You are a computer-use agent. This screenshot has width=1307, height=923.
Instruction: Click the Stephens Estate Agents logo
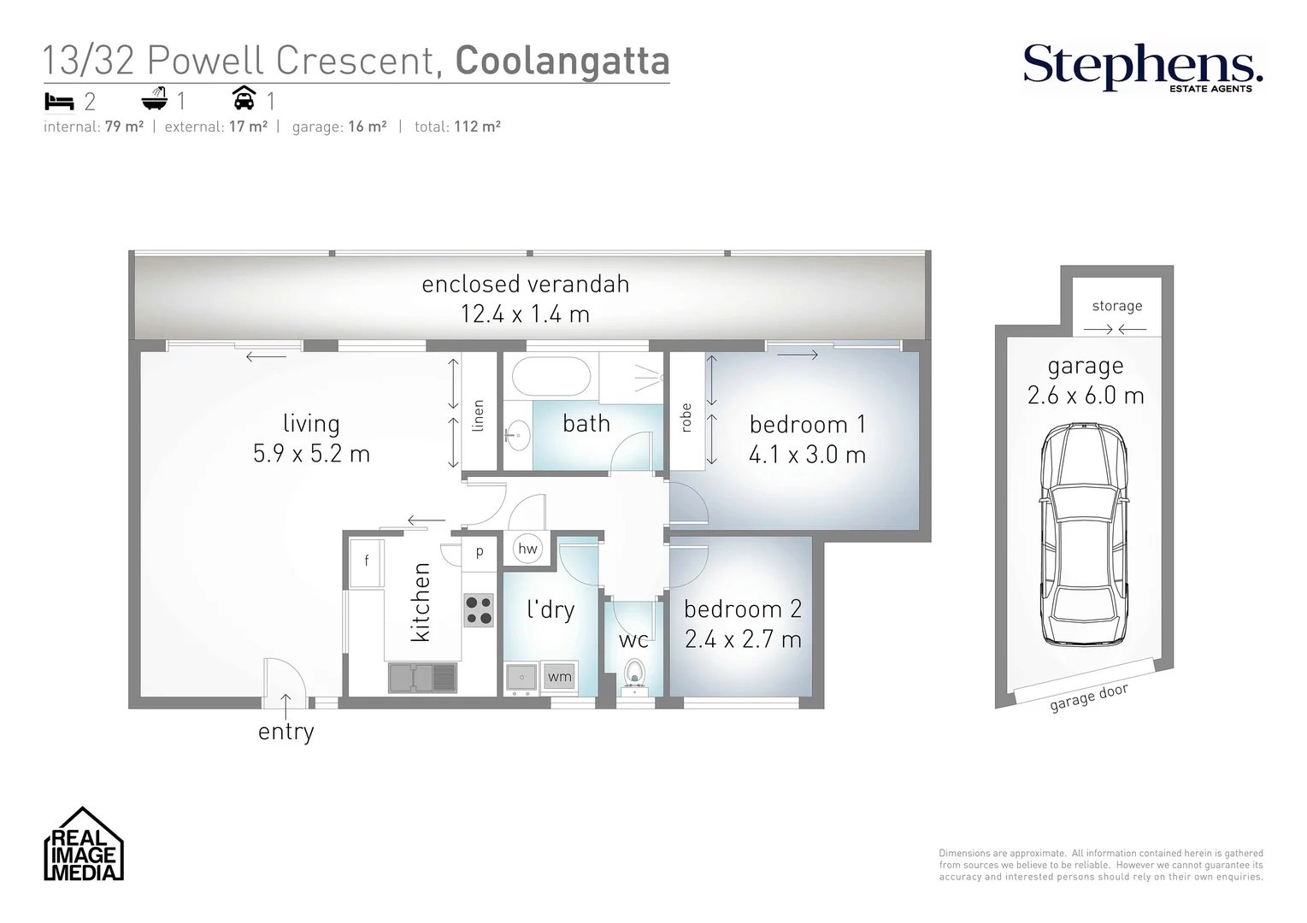pos(1142,67)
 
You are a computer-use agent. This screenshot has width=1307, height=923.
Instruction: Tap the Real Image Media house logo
pos(84,844)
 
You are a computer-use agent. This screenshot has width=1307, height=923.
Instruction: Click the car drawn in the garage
pos(1083,534)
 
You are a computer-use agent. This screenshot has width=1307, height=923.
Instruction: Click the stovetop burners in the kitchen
pos(479,610)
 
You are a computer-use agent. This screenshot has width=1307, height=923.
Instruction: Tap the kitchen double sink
pos(422,678)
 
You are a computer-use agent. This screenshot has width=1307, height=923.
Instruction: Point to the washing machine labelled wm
pos(559,677)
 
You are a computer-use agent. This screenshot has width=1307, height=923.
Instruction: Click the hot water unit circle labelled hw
pos(527,549)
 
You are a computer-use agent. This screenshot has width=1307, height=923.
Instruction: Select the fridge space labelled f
pos(367,562)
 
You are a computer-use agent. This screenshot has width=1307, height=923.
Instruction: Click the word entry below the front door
pos(286,732)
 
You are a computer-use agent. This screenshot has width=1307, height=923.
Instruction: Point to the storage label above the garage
pos(1116,306)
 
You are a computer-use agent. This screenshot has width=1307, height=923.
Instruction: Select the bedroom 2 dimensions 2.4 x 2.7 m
pos(743,639)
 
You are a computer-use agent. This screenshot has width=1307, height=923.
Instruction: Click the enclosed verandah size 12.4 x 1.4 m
pos(525,314)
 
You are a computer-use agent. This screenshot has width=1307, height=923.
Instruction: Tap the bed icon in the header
pos(59,102)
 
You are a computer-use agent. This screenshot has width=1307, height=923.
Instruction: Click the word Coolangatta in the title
pos(562,61)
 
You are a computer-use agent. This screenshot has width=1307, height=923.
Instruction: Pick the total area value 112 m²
pos(477,126)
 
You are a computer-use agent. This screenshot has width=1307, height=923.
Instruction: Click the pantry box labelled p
pos(480,551)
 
